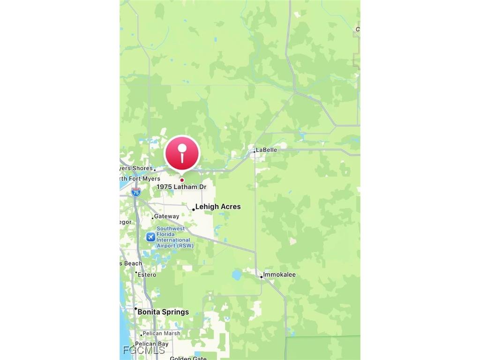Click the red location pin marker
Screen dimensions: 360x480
point(182,153)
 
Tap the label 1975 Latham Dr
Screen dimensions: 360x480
point(181,187)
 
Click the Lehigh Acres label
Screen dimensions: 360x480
point(218,207)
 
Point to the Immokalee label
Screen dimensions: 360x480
point(279,275)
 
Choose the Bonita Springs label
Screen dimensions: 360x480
point(163,312)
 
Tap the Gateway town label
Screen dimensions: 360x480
point(166,217)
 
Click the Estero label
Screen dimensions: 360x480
point(147,275)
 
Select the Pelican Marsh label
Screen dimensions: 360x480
point(162,334)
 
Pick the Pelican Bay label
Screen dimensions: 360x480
point(151,344)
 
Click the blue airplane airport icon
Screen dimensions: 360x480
point(150,237)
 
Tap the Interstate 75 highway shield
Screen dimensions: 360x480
point(135,192)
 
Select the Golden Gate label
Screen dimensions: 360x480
point(187,358)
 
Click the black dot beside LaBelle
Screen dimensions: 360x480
point(255,151)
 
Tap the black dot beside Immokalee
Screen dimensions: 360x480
point(261,277)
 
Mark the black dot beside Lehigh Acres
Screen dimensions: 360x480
point(193,210)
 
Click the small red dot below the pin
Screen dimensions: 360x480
point(182,180)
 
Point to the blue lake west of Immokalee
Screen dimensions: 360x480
point(237,275)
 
